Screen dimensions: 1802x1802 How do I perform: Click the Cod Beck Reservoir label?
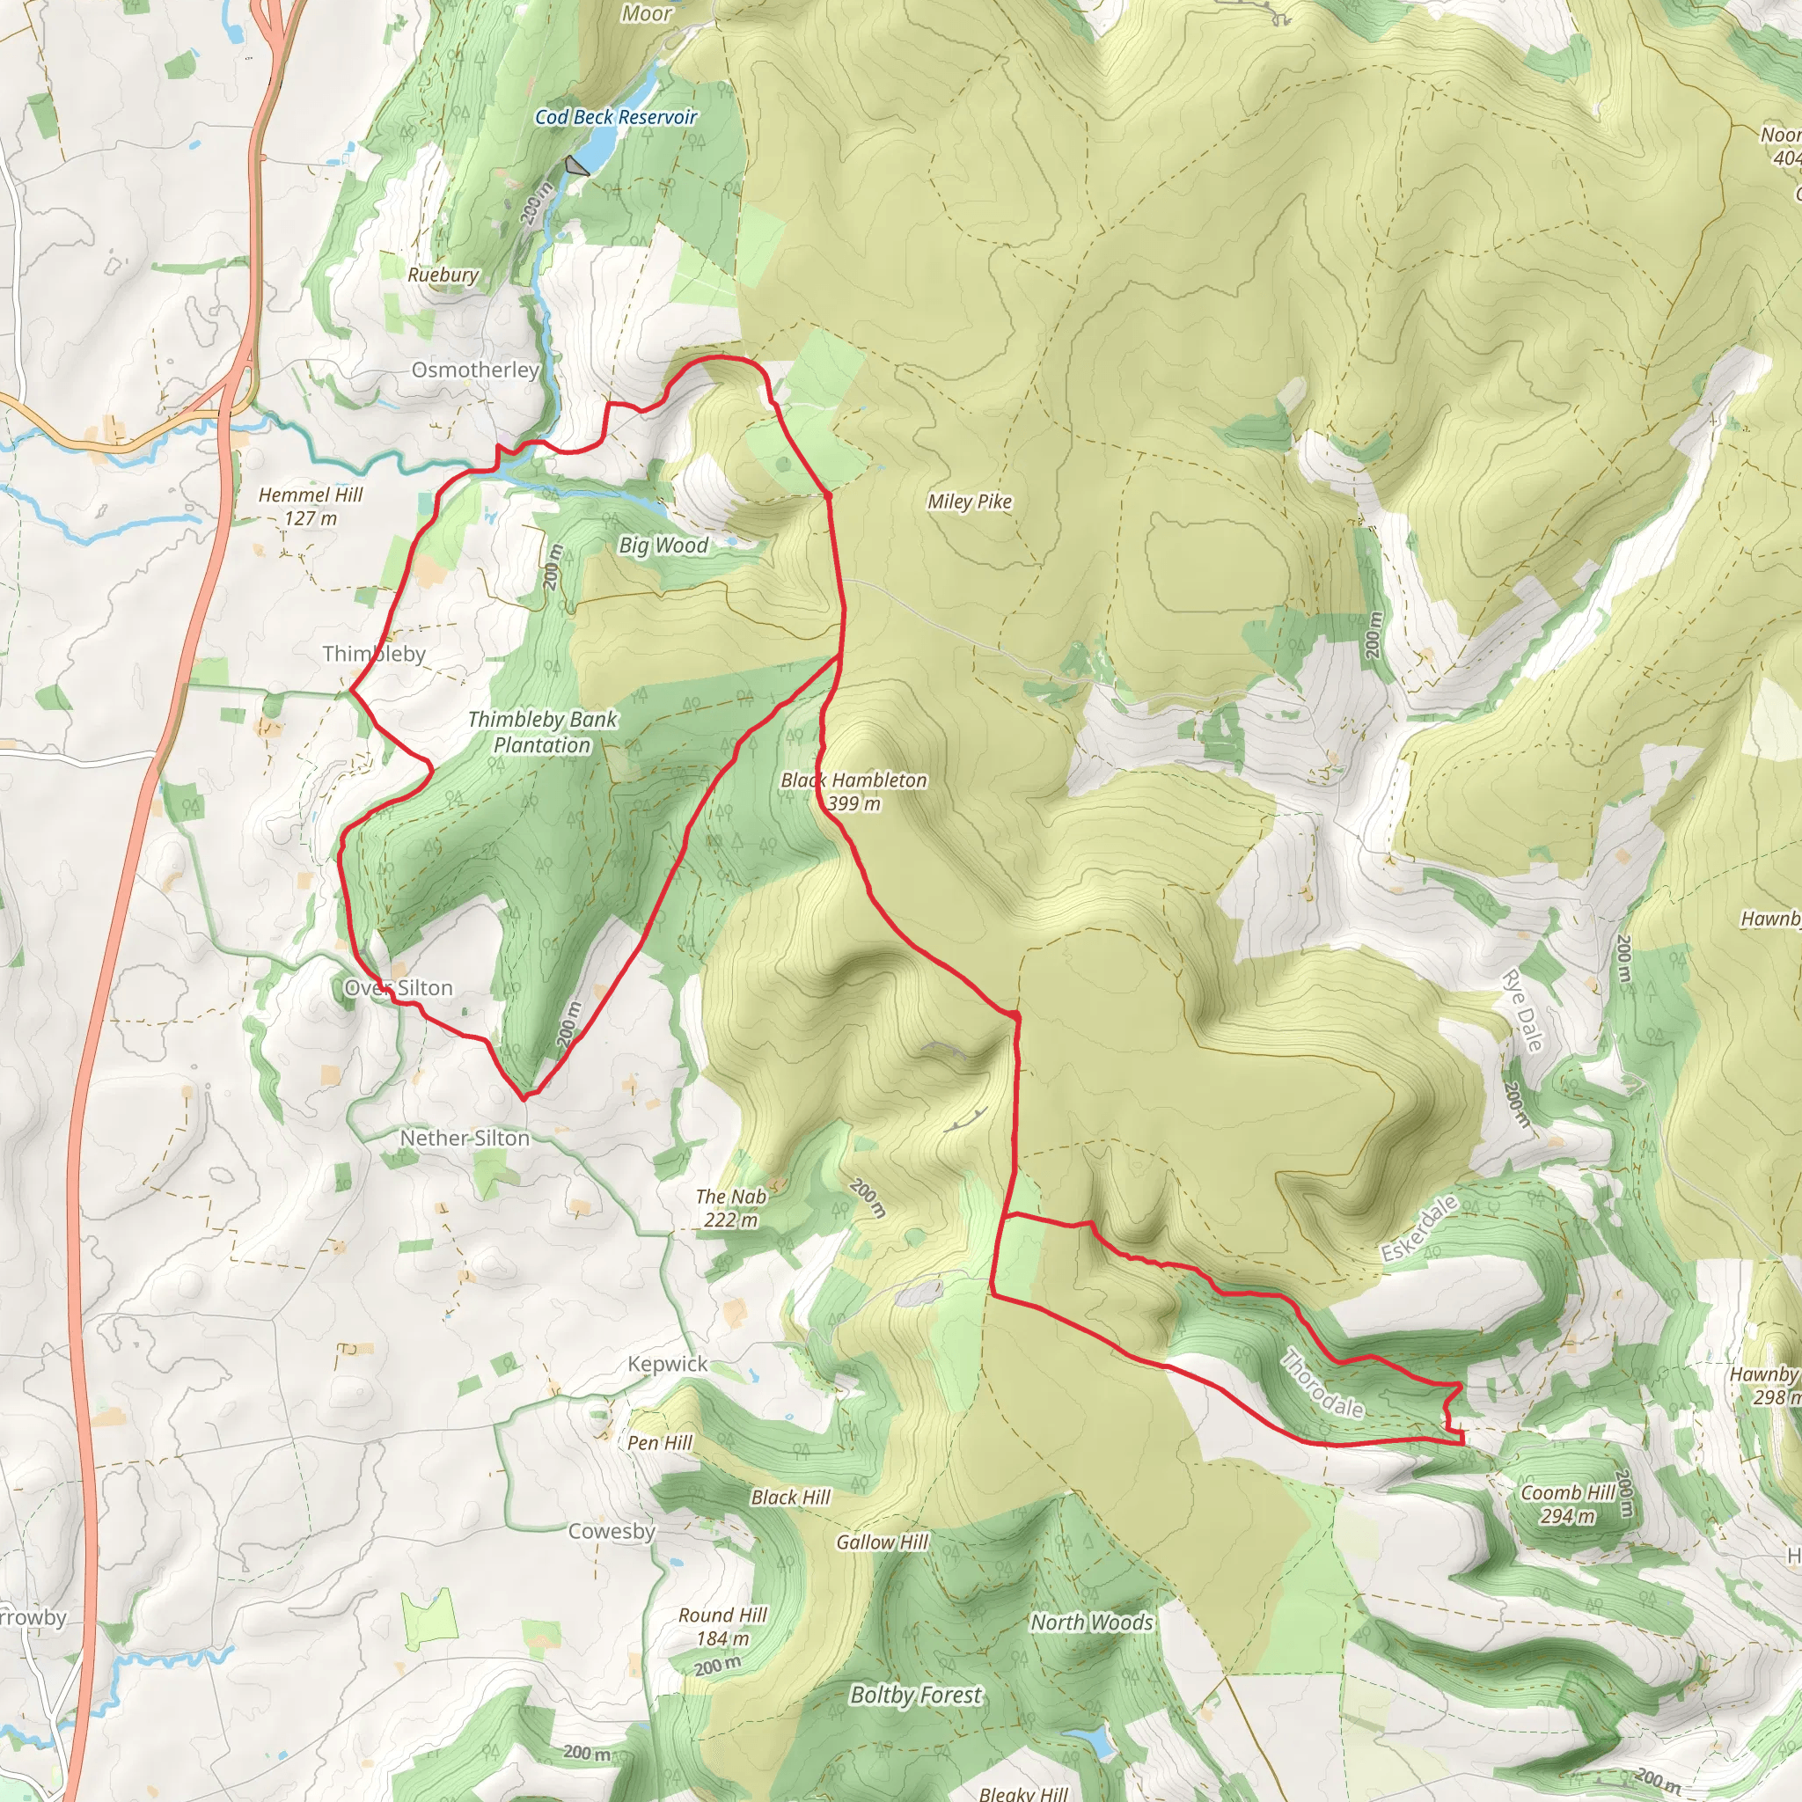[616, 117]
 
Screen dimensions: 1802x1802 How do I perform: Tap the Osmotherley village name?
[476, 370]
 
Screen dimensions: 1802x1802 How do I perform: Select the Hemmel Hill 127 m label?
[311, 507]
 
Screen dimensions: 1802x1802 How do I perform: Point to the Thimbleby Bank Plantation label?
[542, 732]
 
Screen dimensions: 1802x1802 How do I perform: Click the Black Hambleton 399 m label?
[853, 791]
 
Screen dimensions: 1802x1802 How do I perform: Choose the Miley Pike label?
[969, 502]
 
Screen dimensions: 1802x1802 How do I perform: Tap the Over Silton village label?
[399, 988]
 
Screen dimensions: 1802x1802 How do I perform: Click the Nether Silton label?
[465, 1138]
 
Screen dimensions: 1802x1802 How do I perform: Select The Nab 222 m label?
[731, 1208]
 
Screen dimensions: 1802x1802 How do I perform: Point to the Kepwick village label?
[668, 1364]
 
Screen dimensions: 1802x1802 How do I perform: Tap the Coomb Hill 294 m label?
[1568, 1505]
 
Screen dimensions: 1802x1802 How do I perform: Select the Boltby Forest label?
[916, 1695]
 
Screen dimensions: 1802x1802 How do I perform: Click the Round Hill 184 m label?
[723, 1627]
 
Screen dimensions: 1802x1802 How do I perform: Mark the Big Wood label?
[663, 546]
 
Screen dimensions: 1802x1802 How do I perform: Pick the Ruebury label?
[443, 275]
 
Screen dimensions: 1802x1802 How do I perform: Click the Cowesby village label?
[612, 1531]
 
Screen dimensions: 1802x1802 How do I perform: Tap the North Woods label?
[1091, 1623]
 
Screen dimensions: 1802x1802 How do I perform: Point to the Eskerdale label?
[1419, 1229]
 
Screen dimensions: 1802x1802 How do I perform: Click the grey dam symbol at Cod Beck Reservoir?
[576, 167]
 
